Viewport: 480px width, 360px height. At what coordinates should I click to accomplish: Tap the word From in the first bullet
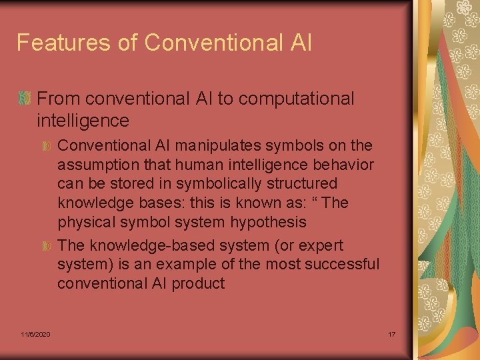point(59,99)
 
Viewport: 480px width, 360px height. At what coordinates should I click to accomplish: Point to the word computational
point(296,99)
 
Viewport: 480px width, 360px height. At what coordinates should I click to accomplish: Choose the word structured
point(303,183)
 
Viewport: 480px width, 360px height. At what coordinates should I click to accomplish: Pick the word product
point(198,283)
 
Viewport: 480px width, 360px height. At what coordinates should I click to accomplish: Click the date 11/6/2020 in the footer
point(35,333)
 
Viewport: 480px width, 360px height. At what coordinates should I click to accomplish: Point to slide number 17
point(392,333)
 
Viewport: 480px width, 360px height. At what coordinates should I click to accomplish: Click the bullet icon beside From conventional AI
point(25,99)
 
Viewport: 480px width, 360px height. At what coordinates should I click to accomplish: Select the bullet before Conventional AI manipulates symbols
point(46,146)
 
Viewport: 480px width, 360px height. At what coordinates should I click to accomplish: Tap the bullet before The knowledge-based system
point(46,246)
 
